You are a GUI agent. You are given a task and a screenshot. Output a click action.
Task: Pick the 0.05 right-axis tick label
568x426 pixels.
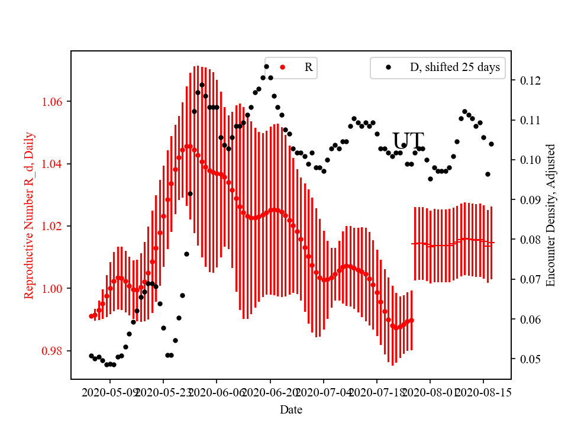pyautogui.click(x=528, y=359)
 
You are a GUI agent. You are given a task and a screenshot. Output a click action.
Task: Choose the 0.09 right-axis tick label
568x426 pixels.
pyautogui.click(x=528, y=200)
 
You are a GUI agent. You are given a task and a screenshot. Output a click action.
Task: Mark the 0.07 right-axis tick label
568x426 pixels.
pyautogui.click(x=528, y=279)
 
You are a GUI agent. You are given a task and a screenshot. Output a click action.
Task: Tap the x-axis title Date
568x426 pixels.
pyautogui.click(x=291, y=409)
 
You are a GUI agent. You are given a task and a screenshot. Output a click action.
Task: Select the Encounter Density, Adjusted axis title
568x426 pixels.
pyautogui.click(x=551, y=215)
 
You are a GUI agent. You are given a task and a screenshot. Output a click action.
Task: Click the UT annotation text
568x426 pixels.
pyautogui.click(x=408, y=141)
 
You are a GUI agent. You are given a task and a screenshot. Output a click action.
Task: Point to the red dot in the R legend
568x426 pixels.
pyautogui.click(x=282, y=67)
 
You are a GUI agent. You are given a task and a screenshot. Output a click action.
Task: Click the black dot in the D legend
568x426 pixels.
pyautogui.click(x=389, y=67)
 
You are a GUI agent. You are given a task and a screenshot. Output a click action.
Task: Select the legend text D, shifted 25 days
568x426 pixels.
pyautogui.click(x=454, y=67)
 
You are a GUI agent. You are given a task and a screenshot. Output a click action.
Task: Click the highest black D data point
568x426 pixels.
pyautogui.click(x=266, y=66)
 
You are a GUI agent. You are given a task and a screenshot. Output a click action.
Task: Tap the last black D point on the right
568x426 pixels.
pyautogui.click(x=491, y=144)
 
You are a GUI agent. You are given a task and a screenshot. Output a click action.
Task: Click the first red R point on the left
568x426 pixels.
pyautogui.click(x=91, y=316)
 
